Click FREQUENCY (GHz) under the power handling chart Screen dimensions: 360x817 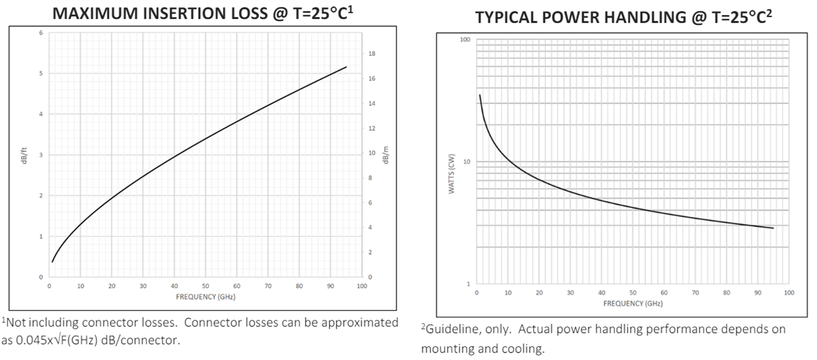[632, 303]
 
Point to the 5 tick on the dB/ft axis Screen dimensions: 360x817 [40, 73]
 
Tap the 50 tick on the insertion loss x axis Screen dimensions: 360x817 [205, 287]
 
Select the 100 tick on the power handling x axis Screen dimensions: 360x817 [788, 293]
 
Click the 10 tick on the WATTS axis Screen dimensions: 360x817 [466, 162]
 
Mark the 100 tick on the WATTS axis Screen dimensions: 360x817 [465, 40]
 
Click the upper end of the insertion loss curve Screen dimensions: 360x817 [347, 67]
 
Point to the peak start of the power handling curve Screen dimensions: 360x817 [479, 95]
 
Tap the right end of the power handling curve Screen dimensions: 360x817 [773, 228]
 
